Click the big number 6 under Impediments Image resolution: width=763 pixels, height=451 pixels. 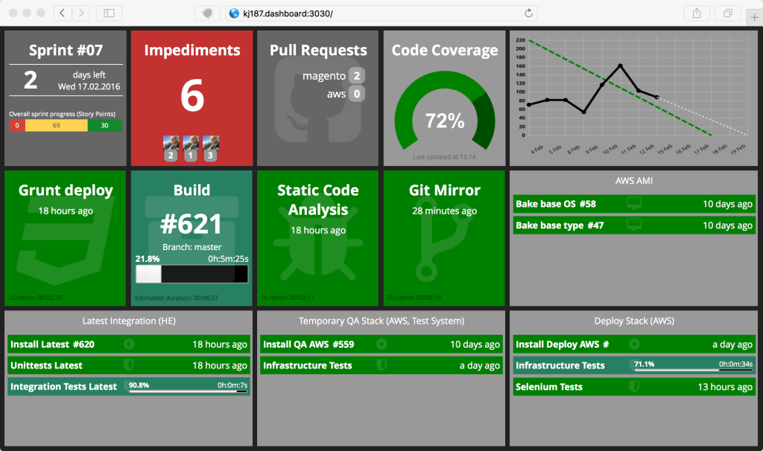pyautogui.click(x=192, y=96)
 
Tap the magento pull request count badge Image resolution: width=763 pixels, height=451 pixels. pyautogui.click(x=357, y=76)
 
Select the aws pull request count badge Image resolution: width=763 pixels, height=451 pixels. pyautogui.click(x=357, y=94)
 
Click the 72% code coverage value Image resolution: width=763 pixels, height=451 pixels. pyautogui.click(x=444, y=121)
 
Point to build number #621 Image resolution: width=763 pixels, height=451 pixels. pyautogui.click(x=192, y=224)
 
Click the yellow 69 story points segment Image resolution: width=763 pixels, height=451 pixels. pyautogui.click(x=56, y=126)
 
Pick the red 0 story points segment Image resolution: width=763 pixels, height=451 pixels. pyautogui.click(x=16, y=126)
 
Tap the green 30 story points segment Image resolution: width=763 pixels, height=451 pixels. pyautogui.click(x=104, y=126)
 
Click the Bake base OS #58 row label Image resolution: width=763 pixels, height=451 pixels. pyautogui.click(x=556, y=204)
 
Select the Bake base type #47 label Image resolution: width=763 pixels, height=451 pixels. pyautogui.click(x=560, y=225)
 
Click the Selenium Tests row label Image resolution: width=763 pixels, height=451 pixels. pyautogui.click(x=549, y=387)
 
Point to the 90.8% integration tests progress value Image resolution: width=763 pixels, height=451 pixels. pyautogui.click(x=139, y=385)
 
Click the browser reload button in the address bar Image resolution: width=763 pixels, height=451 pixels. pyautogui.click(x=529, y=13)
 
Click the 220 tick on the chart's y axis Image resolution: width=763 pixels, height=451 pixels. pyautogui.click(x=519, y=40)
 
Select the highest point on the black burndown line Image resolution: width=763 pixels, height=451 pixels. pyautogui.click(x=620, y=65)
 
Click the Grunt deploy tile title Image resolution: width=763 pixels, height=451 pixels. pyautogui.click(x=66, y=191)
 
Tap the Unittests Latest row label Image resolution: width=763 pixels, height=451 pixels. pyautogui.click(x=46, y=365)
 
